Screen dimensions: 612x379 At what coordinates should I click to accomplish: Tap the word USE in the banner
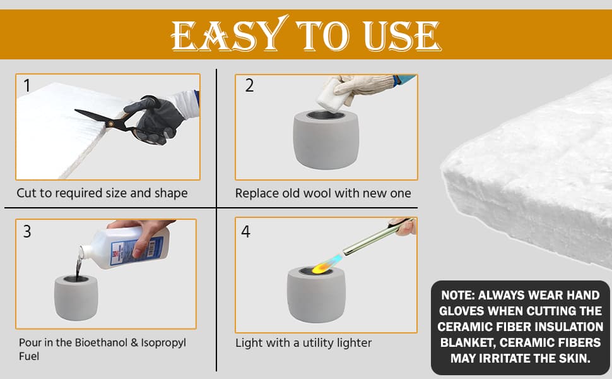pyautogui.click(x=402, y=36)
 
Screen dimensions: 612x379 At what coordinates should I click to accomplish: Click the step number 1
pyautogui.click(x=26, y=85)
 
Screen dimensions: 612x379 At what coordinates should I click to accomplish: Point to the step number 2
pyautogui.click(x=249, y=85)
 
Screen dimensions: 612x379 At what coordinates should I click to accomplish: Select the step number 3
pyautogui.click(x=27, y=231)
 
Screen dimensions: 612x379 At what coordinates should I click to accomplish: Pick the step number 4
pyautogui.click(x=245, y=231)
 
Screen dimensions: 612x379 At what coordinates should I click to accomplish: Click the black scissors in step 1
pyautogui.click(x=117, y=119)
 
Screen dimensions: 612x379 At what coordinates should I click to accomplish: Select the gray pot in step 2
pyautogui.click(x=326, y=140)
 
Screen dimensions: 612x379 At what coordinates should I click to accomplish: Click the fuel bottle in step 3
pyautogui.click(x=126, y=248)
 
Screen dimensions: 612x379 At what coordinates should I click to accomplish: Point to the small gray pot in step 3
pyautogui.click(x=76, y=298)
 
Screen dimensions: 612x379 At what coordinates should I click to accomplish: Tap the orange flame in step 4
pyautogui.click(x=322, y=267)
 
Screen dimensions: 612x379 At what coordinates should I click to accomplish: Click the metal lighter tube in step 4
pyautogui.click(x=374, y=236)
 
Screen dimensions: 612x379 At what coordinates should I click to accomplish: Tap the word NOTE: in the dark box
pyautogui.click(x=457, y=295)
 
